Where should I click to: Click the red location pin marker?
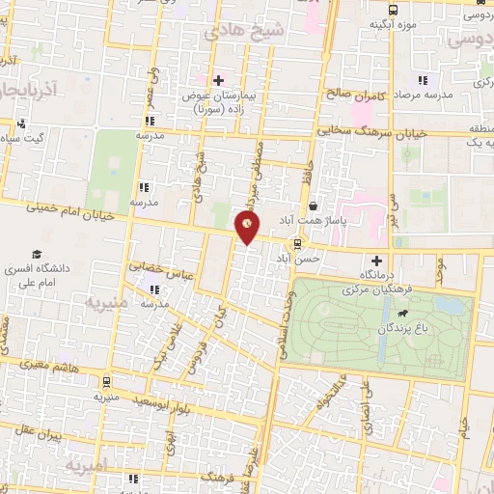point(249,228)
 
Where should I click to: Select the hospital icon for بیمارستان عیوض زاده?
point(220,80)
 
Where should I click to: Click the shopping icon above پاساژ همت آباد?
point(315,206)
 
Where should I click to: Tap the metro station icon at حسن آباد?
point(297,242)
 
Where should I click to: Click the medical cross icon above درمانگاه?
point(376,261)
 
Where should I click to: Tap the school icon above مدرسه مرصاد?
point(422,80)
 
